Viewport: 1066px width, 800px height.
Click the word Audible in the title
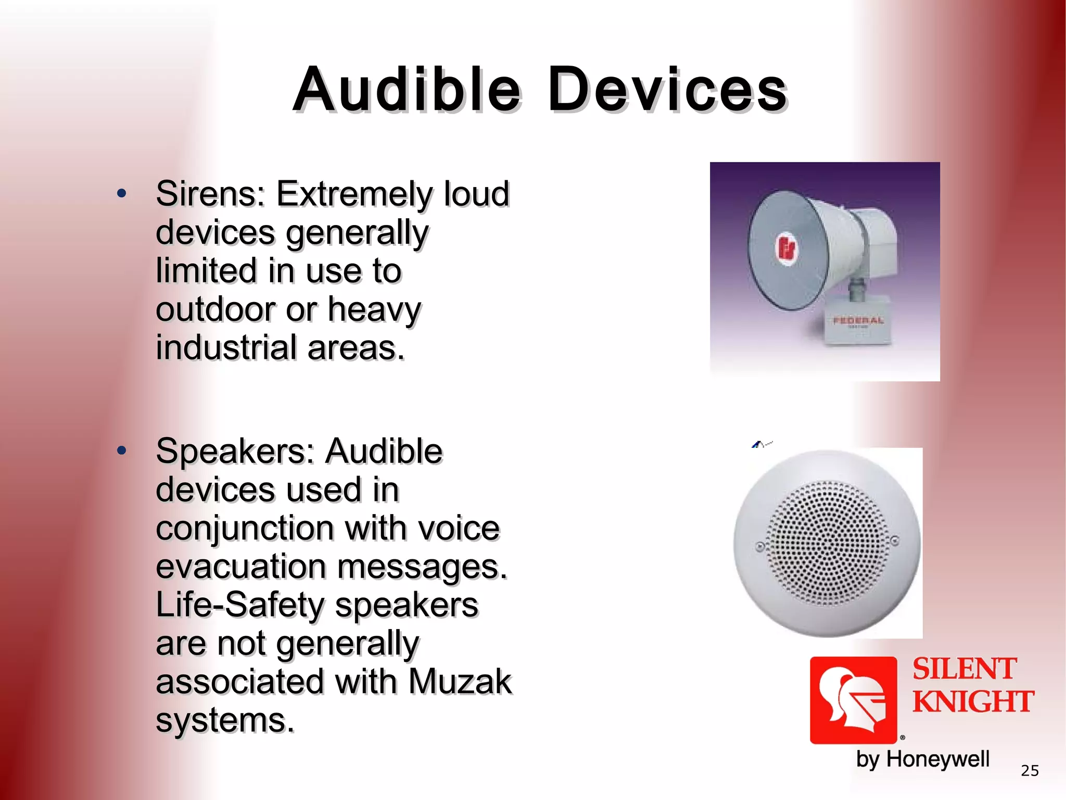[407, 90]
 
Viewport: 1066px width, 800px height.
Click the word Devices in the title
[667, 90]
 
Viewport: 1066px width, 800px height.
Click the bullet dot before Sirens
[122, 194]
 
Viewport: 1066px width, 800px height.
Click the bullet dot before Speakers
[122, 451]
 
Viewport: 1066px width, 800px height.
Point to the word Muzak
[460, 682]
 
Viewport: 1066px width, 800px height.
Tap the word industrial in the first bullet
[226, 348]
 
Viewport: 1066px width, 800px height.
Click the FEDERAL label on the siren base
[858, 321]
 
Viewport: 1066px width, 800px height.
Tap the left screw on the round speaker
[759, 547]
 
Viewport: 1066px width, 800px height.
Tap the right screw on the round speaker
[895, 541]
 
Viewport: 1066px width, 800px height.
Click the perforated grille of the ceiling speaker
[828, 543]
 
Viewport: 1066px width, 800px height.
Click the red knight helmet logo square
[853, 699]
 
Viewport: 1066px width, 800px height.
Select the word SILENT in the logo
[964, 669]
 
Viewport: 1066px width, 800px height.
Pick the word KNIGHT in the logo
[972, 702]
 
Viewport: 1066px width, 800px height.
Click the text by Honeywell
[922, 759]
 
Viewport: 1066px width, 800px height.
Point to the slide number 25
[1030, 771]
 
